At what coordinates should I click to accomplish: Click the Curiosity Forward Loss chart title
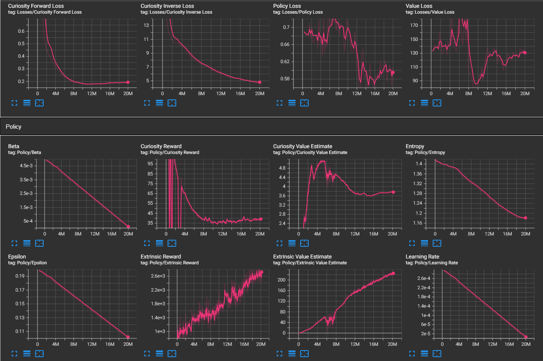point(36,6)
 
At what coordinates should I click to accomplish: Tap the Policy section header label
point(14,127)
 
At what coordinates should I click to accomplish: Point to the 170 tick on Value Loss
point(414,25)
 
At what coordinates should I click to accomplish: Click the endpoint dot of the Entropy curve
point(525,218)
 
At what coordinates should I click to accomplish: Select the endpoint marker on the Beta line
point(128,227)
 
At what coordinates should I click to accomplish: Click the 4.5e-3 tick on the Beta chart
point(26,166)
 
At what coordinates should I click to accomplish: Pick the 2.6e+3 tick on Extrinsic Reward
point(158,276)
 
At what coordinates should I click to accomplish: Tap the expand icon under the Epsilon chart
point(14,354)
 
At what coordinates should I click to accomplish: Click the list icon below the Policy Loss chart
point(292,103)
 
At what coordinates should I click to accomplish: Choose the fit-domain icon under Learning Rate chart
point(437,354)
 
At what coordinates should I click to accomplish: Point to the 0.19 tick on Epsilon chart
point(20,276)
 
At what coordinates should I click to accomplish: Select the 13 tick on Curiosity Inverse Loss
point(146,25)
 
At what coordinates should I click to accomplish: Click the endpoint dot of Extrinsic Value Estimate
point(393,273)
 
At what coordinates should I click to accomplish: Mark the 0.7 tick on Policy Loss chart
point(286,27)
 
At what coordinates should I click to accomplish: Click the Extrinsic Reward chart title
point(161,257)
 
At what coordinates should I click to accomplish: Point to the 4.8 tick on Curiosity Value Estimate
point(282,168)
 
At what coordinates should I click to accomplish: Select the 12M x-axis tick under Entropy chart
point(489,234)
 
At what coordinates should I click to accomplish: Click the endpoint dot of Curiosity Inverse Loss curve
point(260,82)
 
